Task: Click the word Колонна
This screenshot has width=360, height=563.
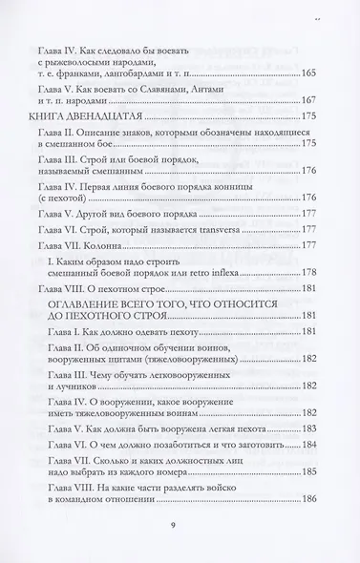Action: tap(118, 245)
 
